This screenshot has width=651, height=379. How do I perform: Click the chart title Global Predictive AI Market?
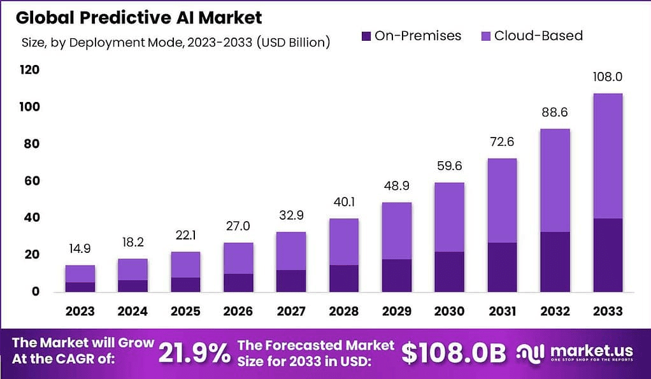[x=139, y=17]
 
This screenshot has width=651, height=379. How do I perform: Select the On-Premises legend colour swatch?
[x=366, y=36]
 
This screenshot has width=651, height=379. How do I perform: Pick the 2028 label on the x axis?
[x=343, y=311]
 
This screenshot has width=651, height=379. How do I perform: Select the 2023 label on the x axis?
[x=80, y=311]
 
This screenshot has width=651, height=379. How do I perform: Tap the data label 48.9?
[x=396, y=187]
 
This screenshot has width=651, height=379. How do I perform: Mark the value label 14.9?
[x=80, y=249]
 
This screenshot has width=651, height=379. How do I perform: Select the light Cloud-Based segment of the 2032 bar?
[x=554, y=180]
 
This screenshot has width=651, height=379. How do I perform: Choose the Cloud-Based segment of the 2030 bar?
[x=448, y=217]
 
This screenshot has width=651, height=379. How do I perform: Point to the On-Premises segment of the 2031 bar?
[x=501, y=267]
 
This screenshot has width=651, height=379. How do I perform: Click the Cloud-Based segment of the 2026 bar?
[x=238, y=258]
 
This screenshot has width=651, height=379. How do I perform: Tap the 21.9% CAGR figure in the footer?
[x=194, y=352]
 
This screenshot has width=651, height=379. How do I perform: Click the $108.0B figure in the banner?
[x=454, y=352]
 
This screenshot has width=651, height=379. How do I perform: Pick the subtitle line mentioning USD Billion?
[x=175, y=43]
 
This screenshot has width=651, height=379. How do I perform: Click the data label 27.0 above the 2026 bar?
[x=238, y=227]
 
